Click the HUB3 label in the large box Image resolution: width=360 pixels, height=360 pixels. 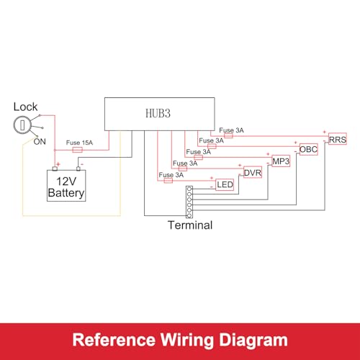click(x=158, y=114)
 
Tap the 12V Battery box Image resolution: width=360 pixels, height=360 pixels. click(x=66, y=186)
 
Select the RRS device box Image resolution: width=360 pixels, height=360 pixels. click(x=338, y=139)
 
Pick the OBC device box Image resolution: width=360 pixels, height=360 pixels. click(x=309, y=149)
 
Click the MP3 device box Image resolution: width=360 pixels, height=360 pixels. click(x=281, y=161)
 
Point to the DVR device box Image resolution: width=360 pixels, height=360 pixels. click(x=253, y=173)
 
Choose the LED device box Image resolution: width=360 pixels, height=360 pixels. click(x=225, y=184)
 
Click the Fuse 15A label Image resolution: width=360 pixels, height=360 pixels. click(x=79, y=143)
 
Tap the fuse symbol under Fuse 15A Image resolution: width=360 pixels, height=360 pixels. click(x=78, y=150)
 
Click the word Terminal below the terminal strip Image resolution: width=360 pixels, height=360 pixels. click(x=190, y=225)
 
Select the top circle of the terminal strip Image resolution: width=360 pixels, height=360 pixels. click(x=189, y=189)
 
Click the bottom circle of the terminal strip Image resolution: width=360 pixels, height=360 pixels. click(x=189, y=215)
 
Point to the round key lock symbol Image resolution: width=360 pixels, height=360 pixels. click(x=22, y=125)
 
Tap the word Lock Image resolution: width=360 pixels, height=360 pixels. click(x=25, y=107)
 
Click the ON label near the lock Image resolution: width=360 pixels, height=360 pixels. click(x=40, y=142)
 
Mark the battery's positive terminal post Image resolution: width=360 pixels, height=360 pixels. click(x=55, y=168)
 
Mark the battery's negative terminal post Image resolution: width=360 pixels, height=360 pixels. click(x=78, y=168)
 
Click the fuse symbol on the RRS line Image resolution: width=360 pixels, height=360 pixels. click(x=228, y=136)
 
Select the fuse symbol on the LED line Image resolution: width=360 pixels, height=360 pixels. click(x=168, y=181)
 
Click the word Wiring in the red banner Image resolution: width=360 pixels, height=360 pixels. click(x=186, y=340)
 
